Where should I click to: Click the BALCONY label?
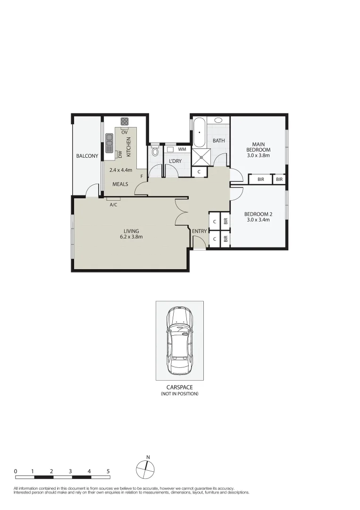click(87, 156)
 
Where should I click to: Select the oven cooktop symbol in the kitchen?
click(125, 121)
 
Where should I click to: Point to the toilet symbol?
click(155, 152)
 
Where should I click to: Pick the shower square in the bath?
click(201, 156)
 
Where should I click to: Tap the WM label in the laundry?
click(182, 150)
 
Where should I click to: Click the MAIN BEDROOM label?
click(258, 147)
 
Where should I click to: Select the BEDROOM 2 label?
click(258, 217)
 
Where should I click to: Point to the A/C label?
click(113, 205)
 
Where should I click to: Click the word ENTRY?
click(199, 231)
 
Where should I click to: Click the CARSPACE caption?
click(179, 387)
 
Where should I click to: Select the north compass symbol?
click(145, 469)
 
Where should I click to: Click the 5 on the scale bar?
click(108, 471)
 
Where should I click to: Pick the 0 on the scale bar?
click(16, 471)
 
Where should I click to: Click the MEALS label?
click(120, 184)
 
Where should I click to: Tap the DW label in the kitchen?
click(120, 154)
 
